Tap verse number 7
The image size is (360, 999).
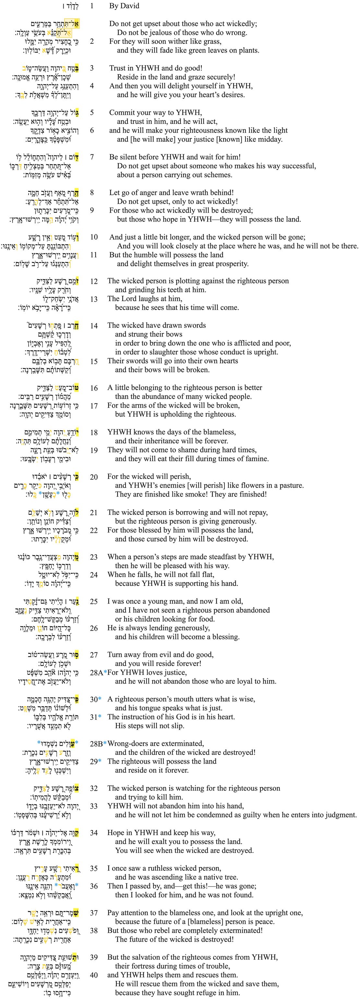[x=92, y=157]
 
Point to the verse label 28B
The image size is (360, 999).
[x=97, y=743]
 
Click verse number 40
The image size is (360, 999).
[x=94, y=975]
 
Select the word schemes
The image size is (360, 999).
[x=219, y=175]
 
